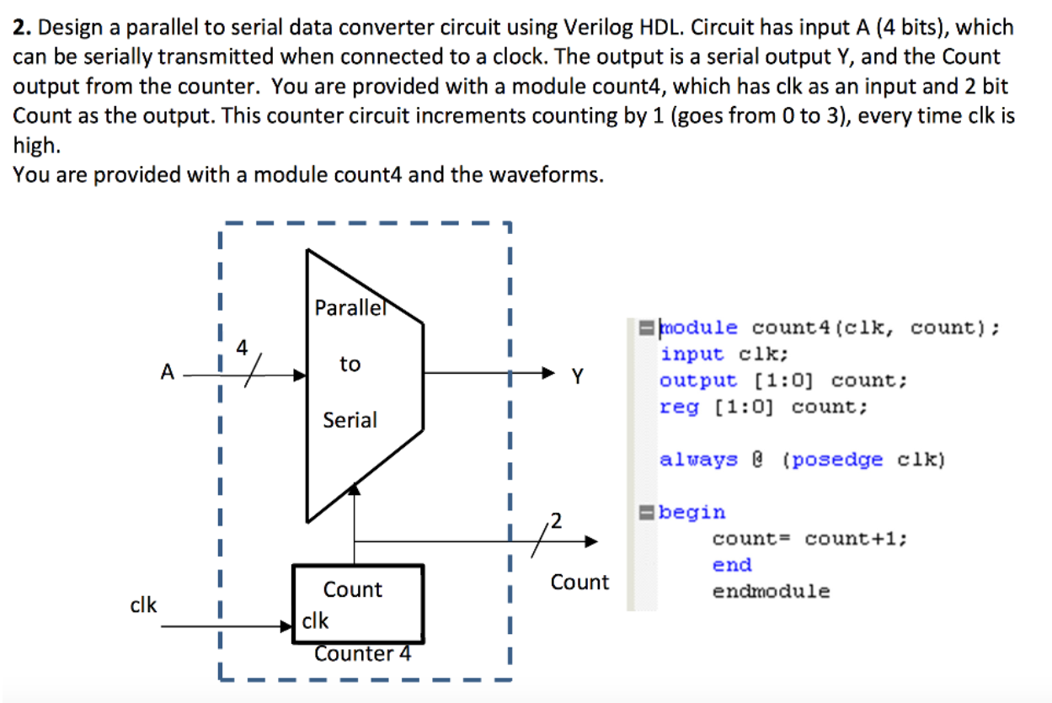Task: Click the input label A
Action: [x=167, y=371]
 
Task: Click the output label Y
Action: [x=577, y=376]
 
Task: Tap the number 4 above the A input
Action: [x=243, y=347]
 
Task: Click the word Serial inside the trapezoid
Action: [x=350, y=419]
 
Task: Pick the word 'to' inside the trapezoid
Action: [x=350, y=364]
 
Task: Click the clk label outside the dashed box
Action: [x=143, y=604]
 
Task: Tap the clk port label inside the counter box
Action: [x=315, y=621]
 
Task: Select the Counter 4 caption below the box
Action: [x=363, y=653]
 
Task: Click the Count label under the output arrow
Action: [x=579, y=582]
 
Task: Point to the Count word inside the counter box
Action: [x=352, y=589]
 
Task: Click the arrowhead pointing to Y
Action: [x=548, y=373]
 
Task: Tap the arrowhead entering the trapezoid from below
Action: [x=355, y=489]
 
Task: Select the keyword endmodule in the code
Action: [x=771, y=591]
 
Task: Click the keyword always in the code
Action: [x=698, y=460]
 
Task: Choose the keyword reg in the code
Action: [x=679, y=407]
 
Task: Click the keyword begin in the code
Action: [x=692, y=512]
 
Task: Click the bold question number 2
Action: [x=22, y=28]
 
